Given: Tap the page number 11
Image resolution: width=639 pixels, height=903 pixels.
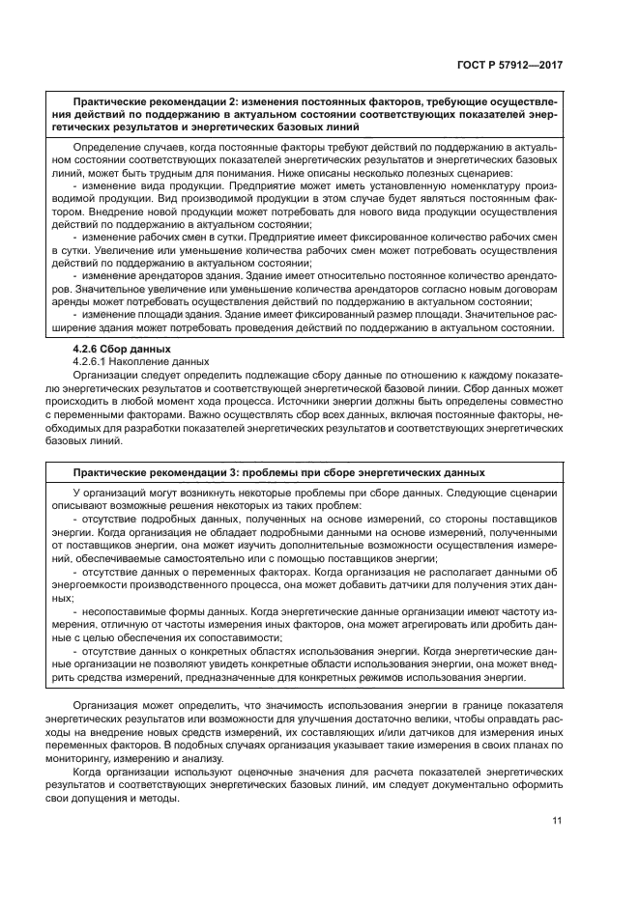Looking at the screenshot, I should [557, 821].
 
